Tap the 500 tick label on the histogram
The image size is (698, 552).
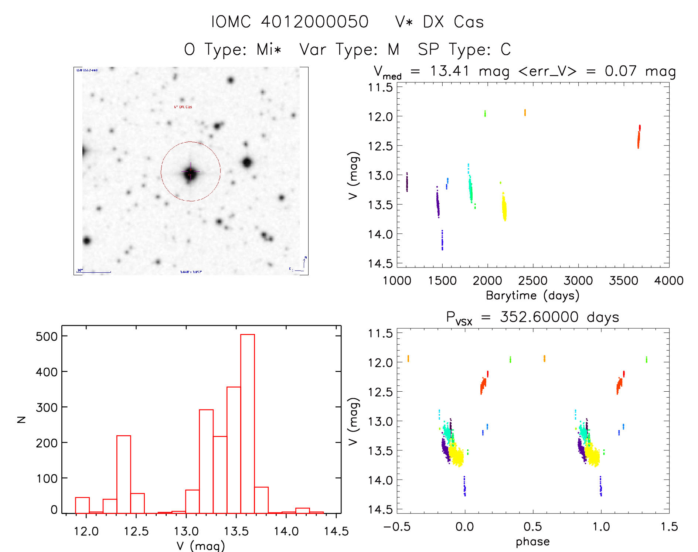click(47, 336)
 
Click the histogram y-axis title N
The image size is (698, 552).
click(21, 419)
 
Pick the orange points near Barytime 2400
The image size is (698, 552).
click(525, 112)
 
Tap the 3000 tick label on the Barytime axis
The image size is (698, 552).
click(578, 281)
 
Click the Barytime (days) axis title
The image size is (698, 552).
click(532, 296)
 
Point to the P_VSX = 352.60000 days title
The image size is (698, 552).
click(532, 317)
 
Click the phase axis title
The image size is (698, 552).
click(532, 542)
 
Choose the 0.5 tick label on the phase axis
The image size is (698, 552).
click(532, 527)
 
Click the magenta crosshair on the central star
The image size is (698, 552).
click(191, 172)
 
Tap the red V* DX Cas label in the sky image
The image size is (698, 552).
click(183, 107)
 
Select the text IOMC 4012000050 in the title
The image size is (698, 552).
click(290, 22)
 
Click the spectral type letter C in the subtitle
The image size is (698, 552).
click(505, 50)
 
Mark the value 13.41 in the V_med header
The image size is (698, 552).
click(449, 71)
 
